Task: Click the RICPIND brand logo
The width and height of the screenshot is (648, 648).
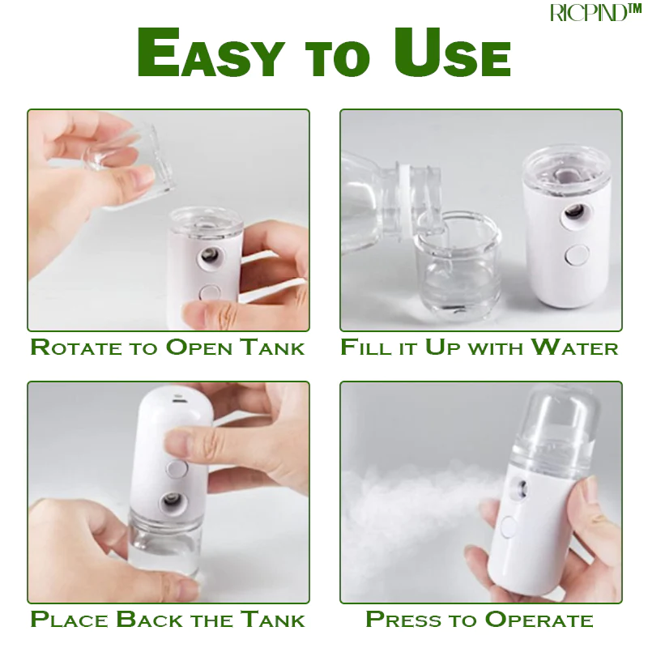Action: (595, 11)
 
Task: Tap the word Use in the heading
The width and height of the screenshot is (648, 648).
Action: (452, 53)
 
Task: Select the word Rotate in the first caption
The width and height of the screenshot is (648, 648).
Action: (76, 347)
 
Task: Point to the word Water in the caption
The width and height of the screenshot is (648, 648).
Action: (574, 347)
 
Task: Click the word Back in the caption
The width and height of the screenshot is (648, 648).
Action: (149, 620)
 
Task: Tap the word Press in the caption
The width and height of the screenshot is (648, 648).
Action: (403, 620)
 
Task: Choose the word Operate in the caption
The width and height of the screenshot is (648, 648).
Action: (539, 620)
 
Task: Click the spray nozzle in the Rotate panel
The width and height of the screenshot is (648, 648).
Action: (209, 256)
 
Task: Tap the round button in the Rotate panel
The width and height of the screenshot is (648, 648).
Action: (210, 292)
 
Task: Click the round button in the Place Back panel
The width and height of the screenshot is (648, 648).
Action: (176, 469)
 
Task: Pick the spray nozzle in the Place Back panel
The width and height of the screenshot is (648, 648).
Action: (170, 501)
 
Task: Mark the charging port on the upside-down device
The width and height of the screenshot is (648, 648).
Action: (179, 400)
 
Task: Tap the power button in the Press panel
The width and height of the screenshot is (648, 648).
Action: (508, 527)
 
